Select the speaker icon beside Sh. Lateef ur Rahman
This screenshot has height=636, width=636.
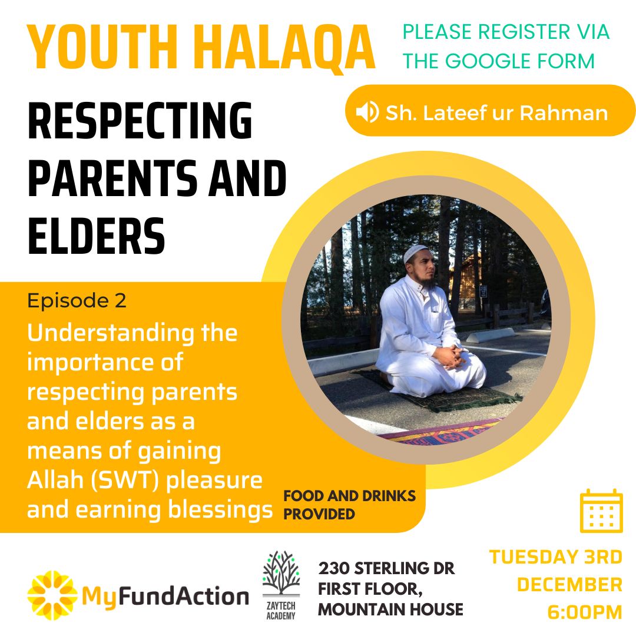click(x=367, y=112)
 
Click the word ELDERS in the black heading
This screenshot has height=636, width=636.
click(x=96, y=236)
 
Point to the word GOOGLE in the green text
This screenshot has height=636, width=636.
click(x=488, y=61)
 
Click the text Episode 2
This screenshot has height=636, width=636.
click(x=77, y=300)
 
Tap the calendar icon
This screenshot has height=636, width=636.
click(x=601, y=511)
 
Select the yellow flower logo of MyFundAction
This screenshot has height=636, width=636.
click(x=51, y=595)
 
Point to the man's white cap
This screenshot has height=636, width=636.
click(x=415, y=253)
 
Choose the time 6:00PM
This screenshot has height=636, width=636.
click(x=585, y=612)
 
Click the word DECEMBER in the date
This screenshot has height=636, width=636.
click(x=570, y=585)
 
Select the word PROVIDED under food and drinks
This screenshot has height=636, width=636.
click(x=319, y=514)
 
